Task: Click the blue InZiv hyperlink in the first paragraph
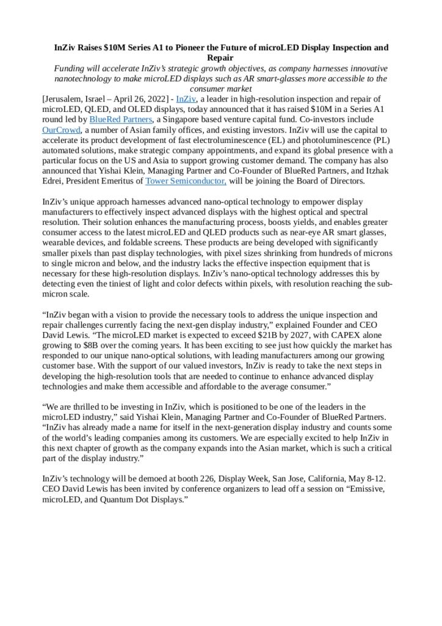[x=186, y=99]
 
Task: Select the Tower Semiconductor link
[x=186, y=182]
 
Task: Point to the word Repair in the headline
[x=220, y=57]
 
